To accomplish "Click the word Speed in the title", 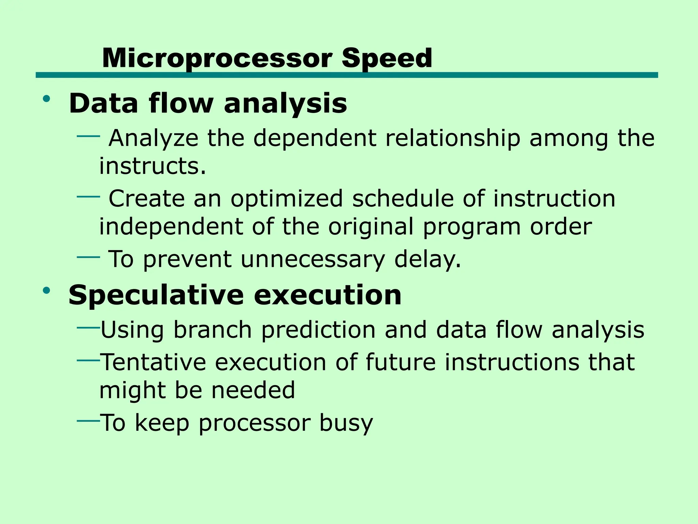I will [x=387, y=58].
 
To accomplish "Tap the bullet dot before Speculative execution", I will [x=47, y=291].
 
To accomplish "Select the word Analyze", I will [x=153, y=139].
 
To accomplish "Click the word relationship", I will [x=453, y=139].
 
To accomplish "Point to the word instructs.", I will [x=152, y=166].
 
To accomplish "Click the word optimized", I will [x=286, y=199].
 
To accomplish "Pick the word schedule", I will [x=403, y=199].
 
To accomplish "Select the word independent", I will [x=171, y=227].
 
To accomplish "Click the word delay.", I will [x=427, y=259].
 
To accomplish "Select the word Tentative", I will [x=153, y=362].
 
